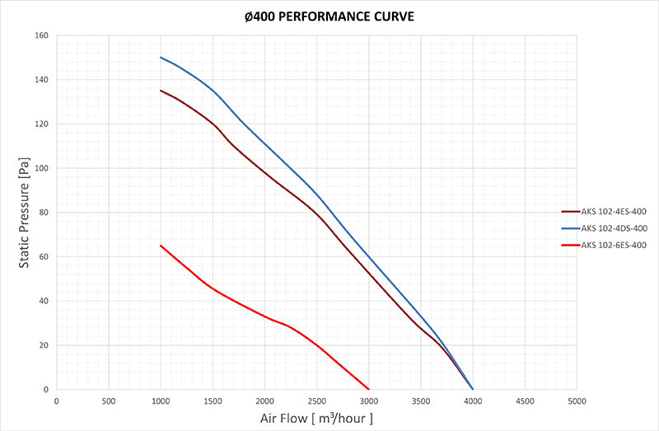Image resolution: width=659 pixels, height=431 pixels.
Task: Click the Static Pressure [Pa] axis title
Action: click(x=26, y=213)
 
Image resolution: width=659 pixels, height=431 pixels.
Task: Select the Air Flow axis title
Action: click(x=317, y=419)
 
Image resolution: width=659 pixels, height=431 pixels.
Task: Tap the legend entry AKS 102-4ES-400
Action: click(x=613, y=212)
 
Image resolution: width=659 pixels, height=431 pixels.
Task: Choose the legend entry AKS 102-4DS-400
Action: click(x=613, y=228)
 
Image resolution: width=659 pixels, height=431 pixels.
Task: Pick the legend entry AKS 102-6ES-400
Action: click(x=613, y=245)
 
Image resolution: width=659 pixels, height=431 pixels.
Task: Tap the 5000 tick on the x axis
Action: click(x=576, y=401)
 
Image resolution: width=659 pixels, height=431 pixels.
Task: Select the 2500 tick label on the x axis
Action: click(x=316, y=401)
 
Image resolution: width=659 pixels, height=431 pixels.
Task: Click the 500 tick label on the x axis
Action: click(x=108, y=401)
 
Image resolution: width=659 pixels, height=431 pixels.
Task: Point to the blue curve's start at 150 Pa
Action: click(x=161, y=58)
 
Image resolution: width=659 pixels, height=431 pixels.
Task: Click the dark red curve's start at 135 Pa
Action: click(x=161, y=91)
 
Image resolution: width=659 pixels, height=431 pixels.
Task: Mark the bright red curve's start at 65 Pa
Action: click(x=161, y=246)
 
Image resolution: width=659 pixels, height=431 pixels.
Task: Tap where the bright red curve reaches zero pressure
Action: click(x=368, y=389)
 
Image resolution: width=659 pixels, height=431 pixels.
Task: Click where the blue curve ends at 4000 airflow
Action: click(x=472, y=389)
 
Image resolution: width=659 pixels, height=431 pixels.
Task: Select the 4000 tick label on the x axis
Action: click(x=472, y=401)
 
